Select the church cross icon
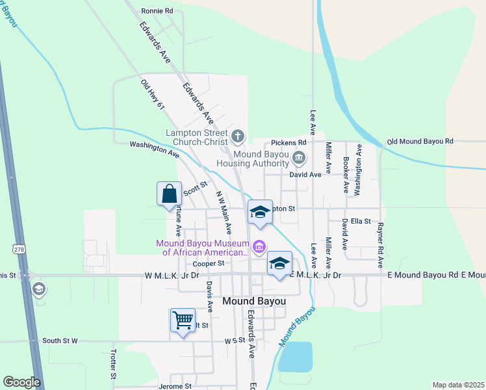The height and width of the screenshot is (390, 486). [x=238, y=136]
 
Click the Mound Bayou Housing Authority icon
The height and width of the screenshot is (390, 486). [x=299, y=157]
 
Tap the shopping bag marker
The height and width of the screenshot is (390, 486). [x=169, y=194]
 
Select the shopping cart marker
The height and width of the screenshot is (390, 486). [x=183, y=320]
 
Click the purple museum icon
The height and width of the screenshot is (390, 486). [x=259, y=246]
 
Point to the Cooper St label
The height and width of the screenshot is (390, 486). [x=209, y=263]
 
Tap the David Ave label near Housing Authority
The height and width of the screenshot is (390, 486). [x=305, y=175]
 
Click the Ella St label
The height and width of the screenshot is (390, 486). [x=360, y=222]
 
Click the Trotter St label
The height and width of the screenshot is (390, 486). [x=113, y=363]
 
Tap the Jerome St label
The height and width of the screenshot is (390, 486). [x=175, y=386]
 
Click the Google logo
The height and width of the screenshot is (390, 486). [x=21, y=382]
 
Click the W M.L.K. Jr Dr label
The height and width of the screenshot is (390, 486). [x=172, y=276]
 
